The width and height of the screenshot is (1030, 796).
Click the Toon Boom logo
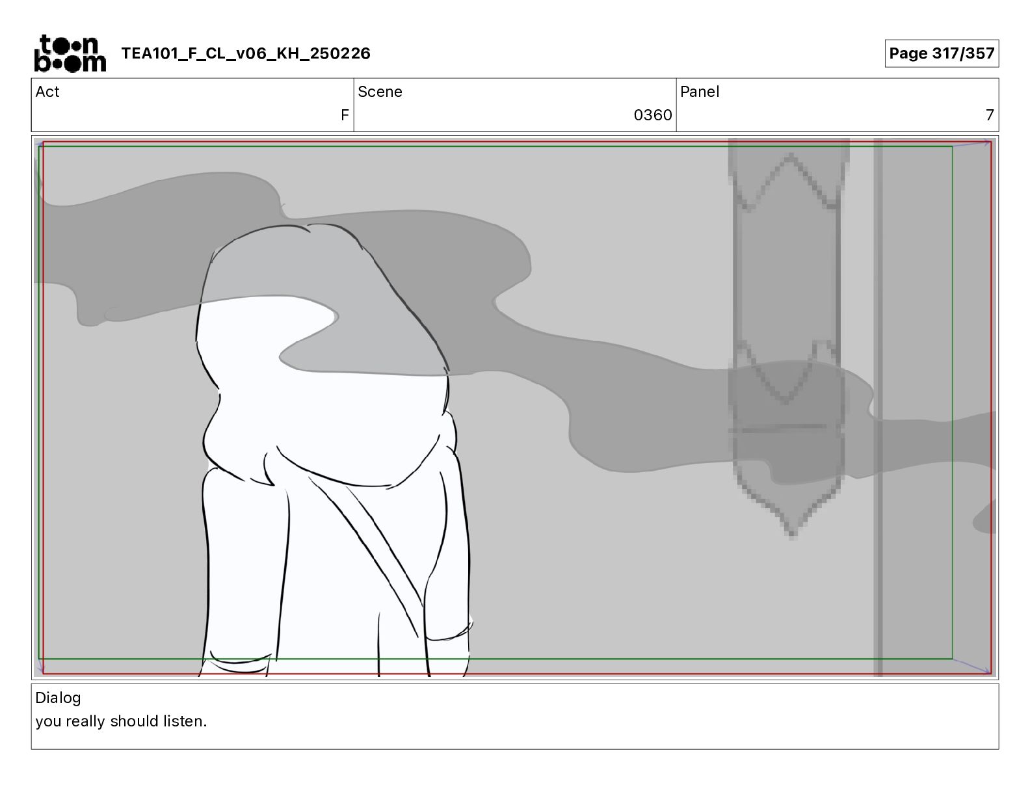pyautogui.click(x=70, y=53)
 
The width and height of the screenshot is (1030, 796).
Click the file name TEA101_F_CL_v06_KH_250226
pyautogui.click(x=246, y=53)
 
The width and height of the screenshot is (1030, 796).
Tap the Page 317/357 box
pyautogui.click(x=942, y=53)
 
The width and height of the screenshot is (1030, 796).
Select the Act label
pyautogui.click(x=47, y=92)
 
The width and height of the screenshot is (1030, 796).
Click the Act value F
pyautogui.click(x=345, y=115)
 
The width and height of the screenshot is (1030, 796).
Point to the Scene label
pyautogui.click(x=380, y=92)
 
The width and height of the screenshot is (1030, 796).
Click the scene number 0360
pyautogui.click(x=653, y=115)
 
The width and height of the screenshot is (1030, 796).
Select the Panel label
pyautogui.click(x=700, y=92)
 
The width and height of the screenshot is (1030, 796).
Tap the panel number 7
pyautogui.click(x=990, y=115)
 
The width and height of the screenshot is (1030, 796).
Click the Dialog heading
pyautogui.click(x=58, y=698)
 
